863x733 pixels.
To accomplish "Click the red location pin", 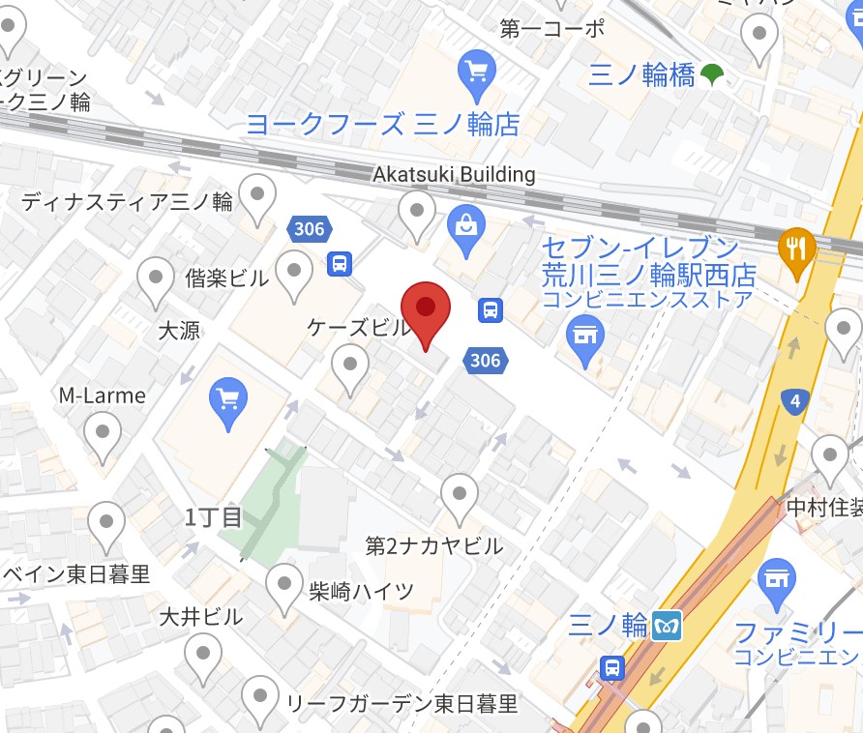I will pyautogui.click(x=426, y=311).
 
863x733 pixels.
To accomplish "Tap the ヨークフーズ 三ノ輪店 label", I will pyautogui.click(x=382, y=124).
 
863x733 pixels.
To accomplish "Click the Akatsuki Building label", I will pyautogui.click(x=454, y=174).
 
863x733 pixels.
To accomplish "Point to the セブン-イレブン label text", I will pyautogui.click(x=640, y=246).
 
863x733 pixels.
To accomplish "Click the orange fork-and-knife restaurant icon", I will pyautogui.click(x=796, y=248).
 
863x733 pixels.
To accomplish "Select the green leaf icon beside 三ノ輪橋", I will pyautogui.click(x=712, y=74).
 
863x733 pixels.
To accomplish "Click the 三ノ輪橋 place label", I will pyautogui.click(x=641, y=75).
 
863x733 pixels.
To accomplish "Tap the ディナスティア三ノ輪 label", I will pyautogui.click(x=127, y=202).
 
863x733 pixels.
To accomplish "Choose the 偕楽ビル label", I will pyautogui.click(x=226, y=279).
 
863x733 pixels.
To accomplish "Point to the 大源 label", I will pyautogui.click(x=178, y=330).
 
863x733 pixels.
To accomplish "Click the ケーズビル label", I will pyautogui.click(x=358, y=327).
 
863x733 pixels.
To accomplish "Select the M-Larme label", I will pyautogui.click(x=102, y=396).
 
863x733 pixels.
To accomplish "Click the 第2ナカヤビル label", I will pyautogui.click(x=433, y=545).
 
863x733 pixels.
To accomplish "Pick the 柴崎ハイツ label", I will pyautogui.click(x=364, y=591).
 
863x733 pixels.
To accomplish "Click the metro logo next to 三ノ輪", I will pyautogui.click(x=669, y=626).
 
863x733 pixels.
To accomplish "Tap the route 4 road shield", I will pyautogui.click(x=795, y=401).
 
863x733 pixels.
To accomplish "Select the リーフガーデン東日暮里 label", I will pyautogui.click(x=401, y=703).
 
